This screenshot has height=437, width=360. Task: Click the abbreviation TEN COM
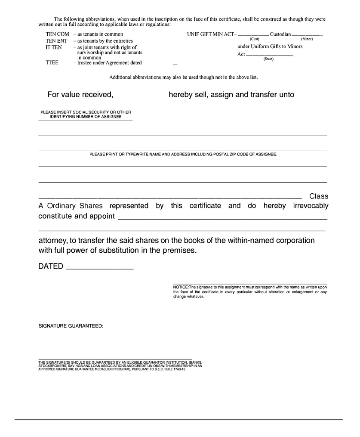pyautogui.click(x=57, y=34)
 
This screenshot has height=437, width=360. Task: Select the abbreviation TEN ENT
pyautogui.click(x=56, y=40)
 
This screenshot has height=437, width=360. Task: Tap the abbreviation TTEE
pyautogui.click(x=52, y=63)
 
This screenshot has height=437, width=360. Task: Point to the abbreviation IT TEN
pyautogui.click(x=54, y=47)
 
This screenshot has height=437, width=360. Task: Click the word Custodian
pyautogui.click(x=280, y=34)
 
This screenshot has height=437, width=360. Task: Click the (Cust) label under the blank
pyautogui.click(x=254, y=39)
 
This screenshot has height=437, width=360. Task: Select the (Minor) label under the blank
pyautogui.click(x=307, y=39)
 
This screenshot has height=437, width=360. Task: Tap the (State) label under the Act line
pyautogui.click(x=268, y=59)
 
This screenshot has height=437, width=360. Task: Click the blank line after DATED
pyautogui.click(x=99, y=269)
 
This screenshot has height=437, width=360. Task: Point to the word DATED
pyautogui.click(x=51, y=267)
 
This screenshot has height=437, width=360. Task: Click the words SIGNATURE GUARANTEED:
pyautogui.click(x=71, y=326)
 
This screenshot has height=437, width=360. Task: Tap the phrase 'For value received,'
pyautogui.click(x=80, y=95)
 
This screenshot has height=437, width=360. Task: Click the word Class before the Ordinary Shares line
pyautogui.click(x=319, y=196)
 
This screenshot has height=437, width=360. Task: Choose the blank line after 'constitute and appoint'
pyautogui.click(x=222, y=219)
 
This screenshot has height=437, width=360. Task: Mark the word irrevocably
pyautogui.click(x=311, y=206)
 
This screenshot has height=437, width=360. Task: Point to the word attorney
pyautogui.click(x=55, y=240)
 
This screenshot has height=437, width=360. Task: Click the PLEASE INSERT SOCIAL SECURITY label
pyautogui.click(x=86, y=112)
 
